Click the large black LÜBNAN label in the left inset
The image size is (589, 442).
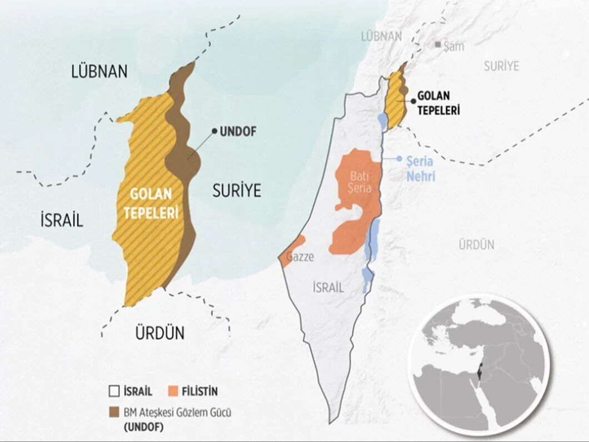(99, 71)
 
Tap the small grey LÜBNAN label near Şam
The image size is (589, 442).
(381, 37)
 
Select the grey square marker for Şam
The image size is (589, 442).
(438, 44)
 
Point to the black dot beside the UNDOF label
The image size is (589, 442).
(214, 131)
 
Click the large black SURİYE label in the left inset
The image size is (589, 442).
(237, 191)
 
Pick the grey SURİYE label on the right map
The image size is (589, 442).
(501, 66)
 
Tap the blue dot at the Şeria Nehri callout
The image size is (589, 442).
(399, 158)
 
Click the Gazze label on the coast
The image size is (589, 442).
(300, 257)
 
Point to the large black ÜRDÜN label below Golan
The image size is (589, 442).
(160, 334)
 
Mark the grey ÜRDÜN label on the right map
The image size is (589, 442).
(476, 244)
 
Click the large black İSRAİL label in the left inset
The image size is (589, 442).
(61, 220)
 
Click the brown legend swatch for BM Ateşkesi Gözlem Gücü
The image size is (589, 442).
(114, 413)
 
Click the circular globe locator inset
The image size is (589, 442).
(478, 364)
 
